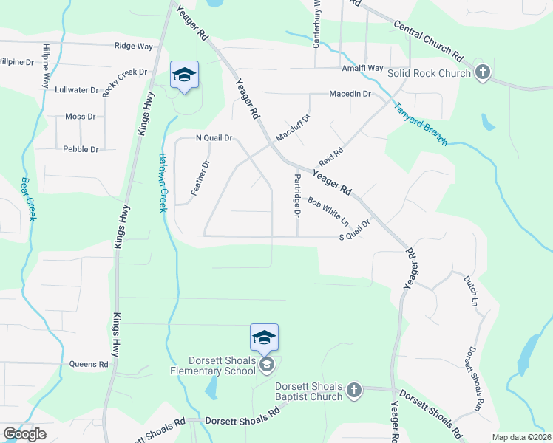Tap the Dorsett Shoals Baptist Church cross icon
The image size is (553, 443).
point(353,389)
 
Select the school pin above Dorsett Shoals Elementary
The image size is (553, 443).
point(264,339)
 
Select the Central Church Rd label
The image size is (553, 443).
point(428,41)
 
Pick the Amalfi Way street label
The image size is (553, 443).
point(362,68)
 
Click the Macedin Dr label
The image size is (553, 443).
point(350,94)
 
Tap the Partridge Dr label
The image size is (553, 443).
point(297,195)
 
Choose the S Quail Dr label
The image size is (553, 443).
point(354,230)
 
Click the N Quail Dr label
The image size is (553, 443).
point(214,137)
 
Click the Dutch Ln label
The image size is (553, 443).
point(471,292)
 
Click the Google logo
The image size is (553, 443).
point(24,433)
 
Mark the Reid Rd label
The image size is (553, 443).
point(331,156)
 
